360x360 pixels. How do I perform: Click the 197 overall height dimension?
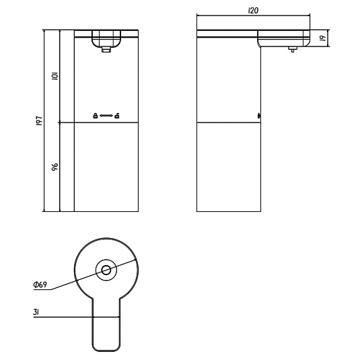click(39, 120)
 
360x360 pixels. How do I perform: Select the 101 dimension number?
click(55, 76)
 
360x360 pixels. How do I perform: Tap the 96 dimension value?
click(55, 167)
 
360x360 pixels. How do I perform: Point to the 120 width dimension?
click(253, 11)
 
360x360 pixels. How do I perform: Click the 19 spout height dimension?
click(323, 38)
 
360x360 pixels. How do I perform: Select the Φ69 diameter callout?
click(40, 285)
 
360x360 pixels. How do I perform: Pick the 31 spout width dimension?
click(36, 312)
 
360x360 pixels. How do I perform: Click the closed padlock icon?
click(96, 116)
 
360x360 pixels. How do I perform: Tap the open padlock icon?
click(117, 116)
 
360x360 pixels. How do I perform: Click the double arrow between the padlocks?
click(106, 116)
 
